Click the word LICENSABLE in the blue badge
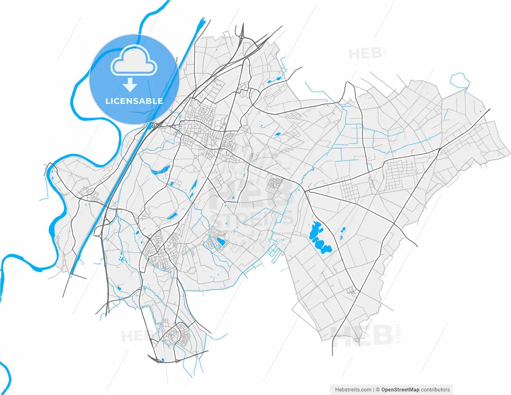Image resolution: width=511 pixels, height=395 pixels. pyautogui.click(x=134, y=101)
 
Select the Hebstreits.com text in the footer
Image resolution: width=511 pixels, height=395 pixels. pyautogui.click(x=353, y=389)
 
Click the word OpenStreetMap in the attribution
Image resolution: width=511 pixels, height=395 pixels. pyautogui.click(x=400, y=389)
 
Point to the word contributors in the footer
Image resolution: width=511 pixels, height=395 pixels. pyautogui.click(x=435, y=389)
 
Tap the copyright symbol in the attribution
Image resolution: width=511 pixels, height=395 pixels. pyautogui.click(x=378, y=389)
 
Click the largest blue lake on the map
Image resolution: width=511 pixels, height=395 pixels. pyautogui.click(x=319, y=238)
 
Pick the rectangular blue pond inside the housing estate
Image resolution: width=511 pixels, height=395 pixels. pyautogui.click(x=220, y=241)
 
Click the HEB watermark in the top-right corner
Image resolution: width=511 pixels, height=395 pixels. pyautogui.click(x=365, y=54)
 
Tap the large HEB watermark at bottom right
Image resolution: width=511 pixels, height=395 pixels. pyautogui.click(x=363, y=335)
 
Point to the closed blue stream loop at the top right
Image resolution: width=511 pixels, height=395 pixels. pyautogui.click(x=460, y=81)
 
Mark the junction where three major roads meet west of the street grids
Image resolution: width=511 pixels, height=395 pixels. pyautogui.click(x=305, y=191)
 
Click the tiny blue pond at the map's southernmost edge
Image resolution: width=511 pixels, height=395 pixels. pyautogui.click(x=163, y=360)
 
